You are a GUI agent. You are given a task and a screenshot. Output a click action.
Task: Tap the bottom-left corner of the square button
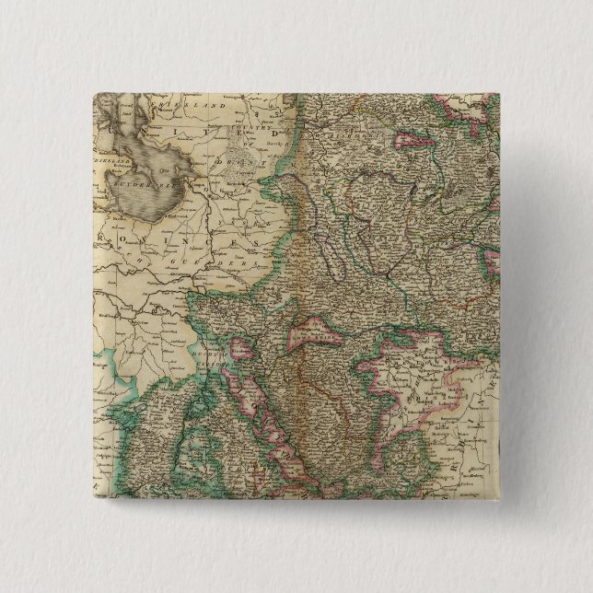click(x=93, y=503)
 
